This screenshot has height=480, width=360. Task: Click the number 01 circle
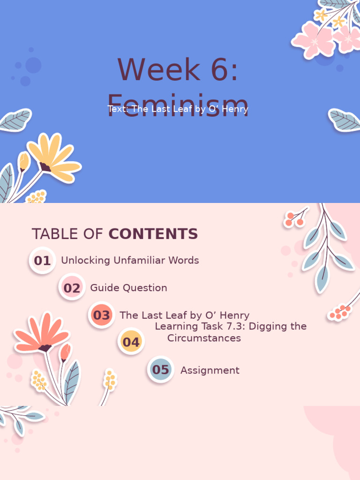pos(42,261)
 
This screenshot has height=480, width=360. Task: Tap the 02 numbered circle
pos(72,288)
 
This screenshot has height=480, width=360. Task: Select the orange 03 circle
pos(101,315)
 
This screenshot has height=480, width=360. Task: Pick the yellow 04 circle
pos(131,342)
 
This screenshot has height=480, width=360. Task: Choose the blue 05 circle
pos(160,369)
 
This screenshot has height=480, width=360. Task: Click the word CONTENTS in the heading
pos(153,234)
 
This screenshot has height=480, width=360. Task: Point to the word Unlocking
pos(86,261)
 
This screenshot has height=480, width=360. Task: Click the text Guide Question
pos(128,288)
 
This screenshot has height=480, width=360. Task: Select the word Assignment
pos(210,370)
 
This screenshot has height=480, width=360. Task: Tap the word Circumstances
pos(204,338)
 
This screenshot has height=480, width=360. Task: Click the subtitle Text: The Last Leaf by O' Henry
pos(178,109)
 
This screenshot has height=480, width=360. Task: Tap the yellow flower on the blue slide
pos(52,157)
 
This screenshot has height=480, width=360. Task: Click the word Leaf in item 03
pos(180,315)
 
